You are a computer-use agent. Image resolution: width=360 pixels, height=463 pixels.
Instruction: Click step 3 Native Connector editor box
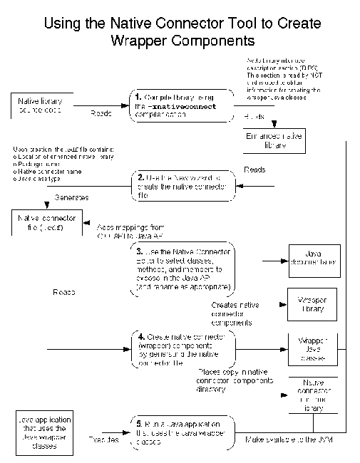click(x=183, y=269)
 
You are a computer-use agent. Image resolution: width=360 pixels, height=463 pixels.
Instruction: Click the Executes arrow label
click(x=105, y=439)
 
